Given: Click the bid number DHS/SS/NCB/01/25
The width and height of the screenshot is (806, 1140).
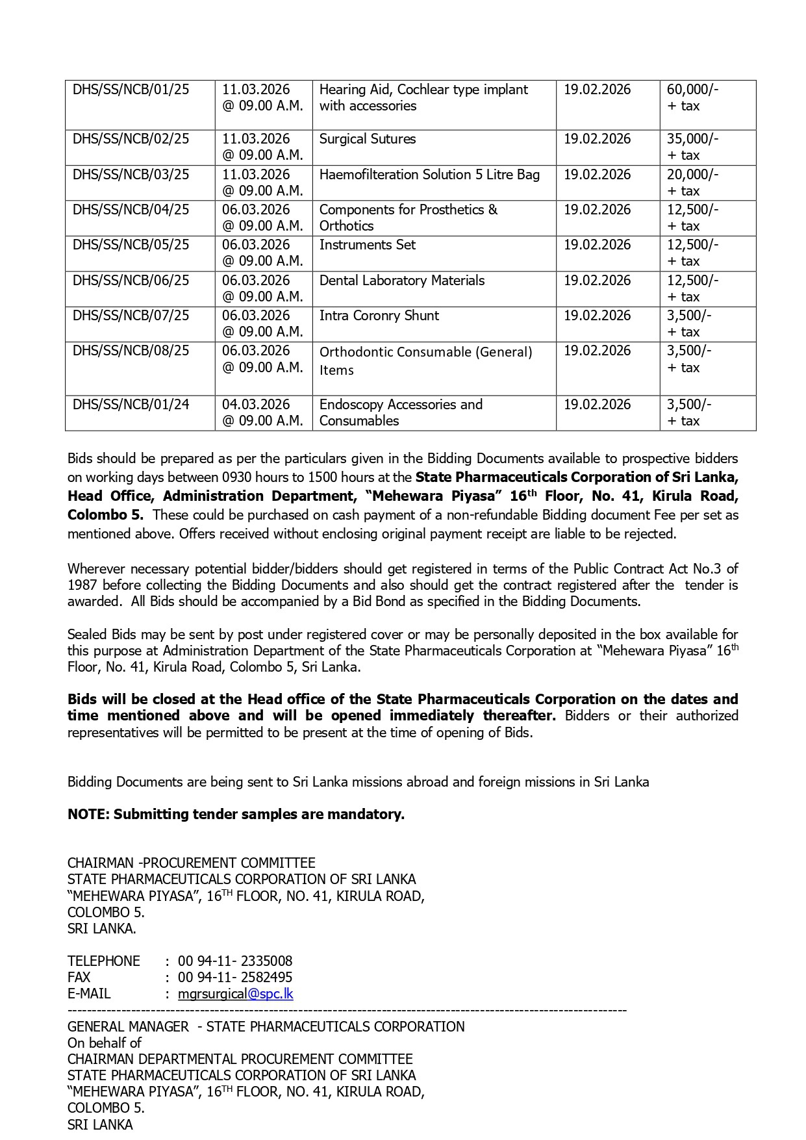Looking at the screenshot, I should click(131, 90).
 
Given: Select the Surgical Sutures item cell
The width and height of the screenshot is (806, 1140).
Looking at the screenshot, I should click(367, 139).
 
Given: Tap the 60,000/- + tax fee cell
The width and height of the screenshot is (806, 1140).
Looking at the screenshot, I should click(692, 97).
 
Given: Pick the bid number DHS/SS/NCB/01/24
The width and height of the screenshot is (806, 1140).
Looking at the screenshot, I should click(131, 405).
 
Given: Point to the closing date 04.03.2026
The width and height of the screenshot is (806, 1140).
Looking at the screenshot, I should click(256, 405).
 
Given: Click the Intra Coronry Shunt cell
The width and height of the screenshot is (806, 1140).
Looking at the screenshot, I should click(379, 316).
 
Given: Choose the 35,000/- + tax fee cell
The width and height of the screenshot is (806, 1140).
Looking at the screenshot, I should click(692, 147).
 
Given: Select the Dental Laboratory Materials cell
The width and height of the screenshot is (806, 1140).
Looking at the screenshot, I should click(401, 281).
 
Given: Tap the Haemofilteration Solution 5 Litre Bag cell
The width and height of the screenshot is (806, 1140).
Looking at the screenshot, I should click(429, 175).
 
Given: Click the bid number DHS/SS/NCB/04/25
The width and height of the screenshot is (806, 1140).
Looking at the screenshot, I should click(131, 210).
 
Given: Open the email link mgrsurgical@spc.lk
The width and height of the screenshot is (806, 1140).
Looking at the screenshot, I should click(235, 994).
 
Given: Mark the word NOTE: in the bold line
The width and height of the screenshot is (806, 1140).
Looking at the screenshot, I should click(88, 815).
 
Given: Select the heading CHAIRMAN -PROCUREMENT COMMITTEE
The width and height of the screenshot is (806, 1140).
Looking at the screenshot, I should click(191, 863).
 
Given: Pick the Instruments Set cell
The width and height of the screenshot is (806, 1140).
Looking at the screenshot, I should click(367, 245).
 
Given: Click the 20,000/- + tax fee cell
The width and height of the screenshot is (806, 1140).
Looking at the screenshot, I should click(692, 183).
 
